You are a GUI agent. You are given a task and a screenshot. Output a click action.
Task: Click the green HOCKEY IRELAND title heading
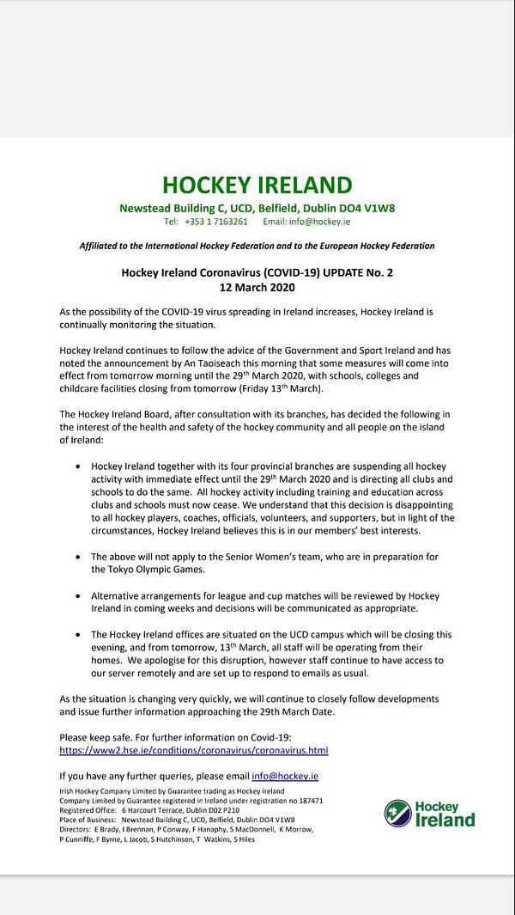[257, 185]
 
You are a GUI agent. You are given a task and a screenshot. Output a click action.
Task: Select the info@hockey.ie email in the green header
[318, 222]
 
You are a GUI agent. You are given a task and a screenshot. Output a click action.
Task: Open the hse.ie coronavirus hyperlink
[194, 750]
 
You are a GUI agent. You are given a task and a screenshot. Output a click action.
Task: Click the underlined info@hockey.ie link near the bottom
[290, 775]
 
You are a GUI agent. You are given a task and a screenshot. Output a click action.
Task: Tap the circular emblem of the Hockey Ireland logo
[397, 813]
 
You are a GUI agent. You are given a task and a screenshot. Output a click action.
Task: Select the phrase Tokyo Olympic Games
[136, 569]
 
